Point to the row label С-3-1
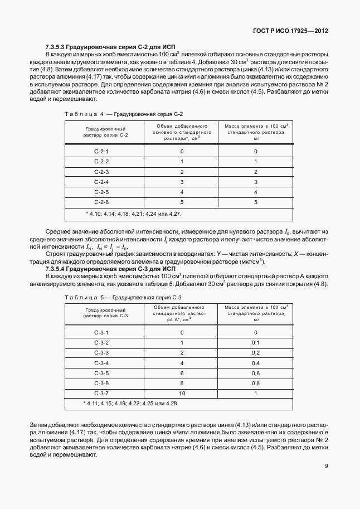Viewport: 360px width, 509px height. [x=103, y=332]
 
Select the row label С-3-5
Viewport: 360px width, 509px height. [x=103, y=373]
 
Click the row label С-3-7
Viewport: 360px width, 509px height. [x=103, y=393]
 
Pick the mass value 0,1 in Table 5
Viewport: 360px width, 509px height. [x=256, y=342]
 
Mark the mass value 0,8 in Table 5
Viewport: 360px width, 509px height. [x=256, y=383]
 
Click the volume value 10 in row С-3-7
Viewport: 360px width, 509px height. [x=182, y=393]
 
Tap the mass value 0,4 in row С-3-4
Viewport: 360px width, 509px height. [x=256, y=363]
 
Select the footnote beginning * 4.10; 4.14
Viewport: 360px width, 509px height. [x=134, y=214]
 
